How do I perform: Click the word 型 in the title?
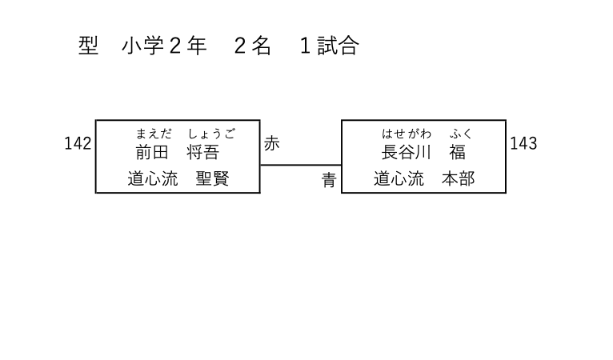click(x=88, y=46)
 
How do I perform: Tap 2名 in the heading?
click(x=252, y=46)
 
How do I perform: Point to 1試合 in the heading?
click(x=328, y=46)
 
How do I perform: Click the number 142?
click(x=78, y=143)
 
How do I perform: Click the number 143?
click(x=523, y=143)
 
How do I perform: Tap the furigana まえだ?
click(x=153, y=134)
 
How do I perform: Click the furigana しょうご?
click(x=211, y=134)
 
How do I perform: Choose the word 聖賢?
click(x=213, y=178)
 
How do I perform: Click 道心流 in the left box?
click(x=153, y=178)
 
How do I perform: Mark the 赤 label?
click(x=272, y=143)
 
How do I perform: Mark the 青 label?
click(x=329, y=181)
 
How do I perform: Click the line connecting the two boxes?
click(x=300, y=165)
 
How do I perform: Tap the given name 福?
click(x=457, y=152)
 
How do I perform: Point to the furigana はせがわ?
click(x=407, y=134)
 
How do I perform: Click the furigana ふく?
click(x=461, y=134)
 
